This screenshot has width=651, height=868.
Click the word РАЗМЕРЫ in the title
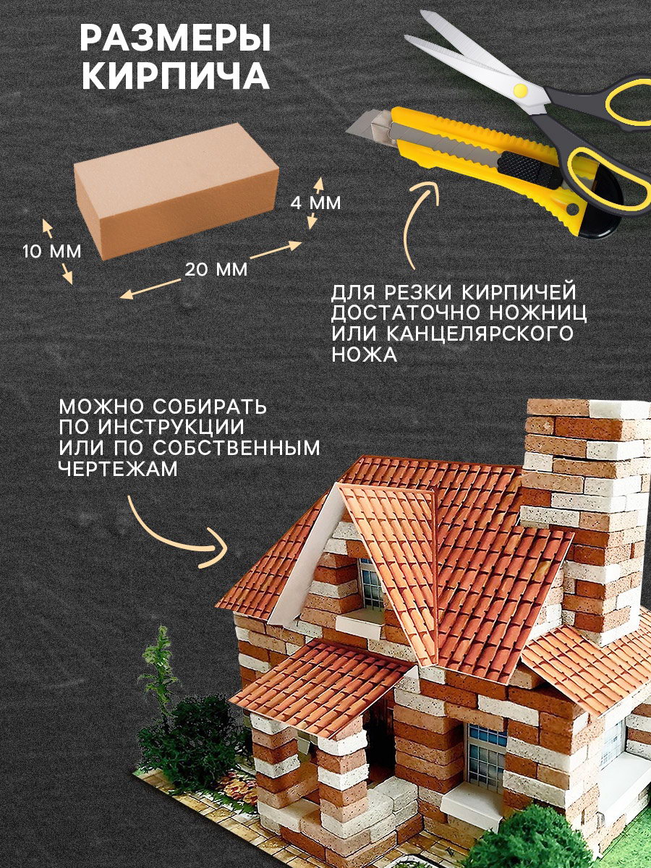[x=176, y=38]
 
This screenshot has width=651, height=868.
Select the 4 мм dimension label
[x=315, y=203]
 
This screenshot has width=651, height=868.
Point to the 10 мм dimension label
[x=52, y=252]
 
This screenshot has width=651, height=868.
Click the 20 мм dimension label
[x=216, y=270]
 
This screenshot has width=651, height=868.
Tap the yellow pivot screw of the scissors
[x=521, y=90]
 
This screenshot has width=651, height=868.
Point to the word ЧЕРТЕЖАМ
[x=119, y=469]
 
